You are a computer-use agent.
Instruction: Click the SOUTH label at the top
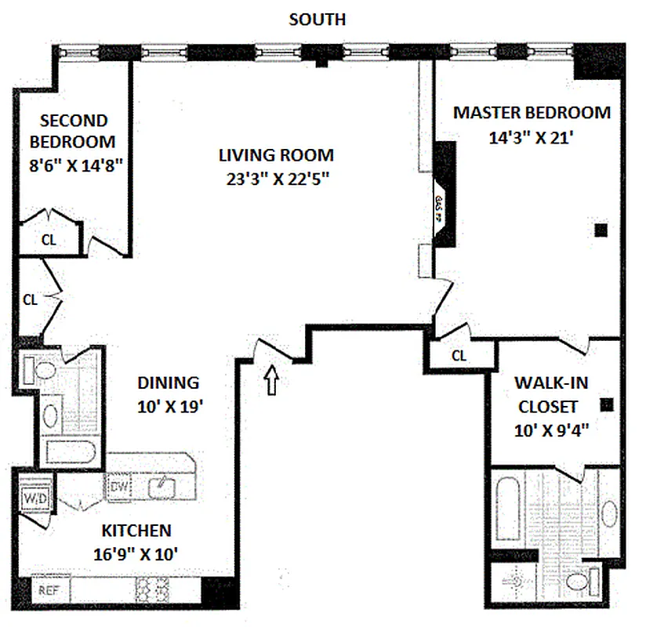(317, 19)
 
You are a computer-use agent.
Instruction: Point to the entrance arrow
(271, 382)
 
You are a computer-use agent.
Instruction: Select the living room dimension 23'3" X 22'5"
(275, 178)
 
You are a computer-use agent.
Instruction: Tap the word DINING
(169, 383)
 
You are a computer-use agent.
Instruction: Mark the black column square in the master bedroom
(601, 230)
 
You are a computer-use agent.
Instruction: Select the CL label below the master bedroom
(459, 356)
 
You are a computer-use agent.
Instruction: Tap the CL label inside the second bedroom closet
(49, 241)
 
